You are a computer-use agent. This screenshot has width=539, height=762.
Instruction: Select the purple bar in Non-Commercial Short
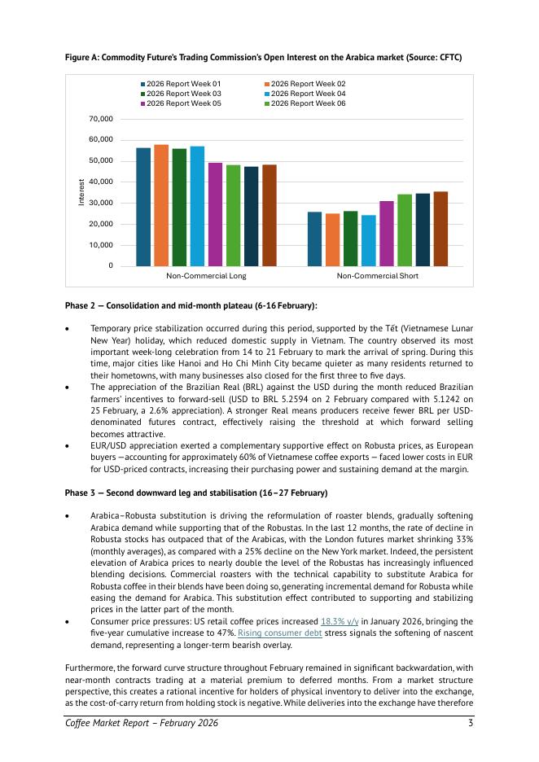click(387, 233)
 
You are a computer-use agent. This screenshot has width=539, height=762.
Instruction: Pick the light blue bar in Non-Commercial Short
click(369, 240)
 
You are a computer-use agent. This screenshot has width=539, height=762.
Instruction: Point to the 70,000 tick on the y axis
click(100, 119)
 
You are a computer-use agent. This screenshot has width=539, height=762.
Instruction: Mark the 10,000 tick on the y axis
click(100, 245)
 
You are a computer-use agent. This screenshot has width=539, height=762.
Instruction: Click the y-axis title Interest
click(81, 192)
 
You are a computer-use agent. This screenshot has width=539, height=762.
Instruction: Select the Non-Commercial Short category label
click(378, 276)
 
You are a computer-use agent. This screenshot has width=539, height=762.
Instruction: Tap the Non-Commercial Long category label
click(206, 276)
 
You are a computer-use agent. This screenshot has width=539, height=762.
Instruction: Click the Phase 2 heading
click(191, 305)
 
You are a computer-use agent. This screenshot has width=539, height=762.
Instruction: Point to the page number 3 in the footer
click(471, 723)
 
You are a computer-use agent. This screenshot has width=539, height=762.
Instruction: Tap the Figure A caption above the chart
click(263, 56)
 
